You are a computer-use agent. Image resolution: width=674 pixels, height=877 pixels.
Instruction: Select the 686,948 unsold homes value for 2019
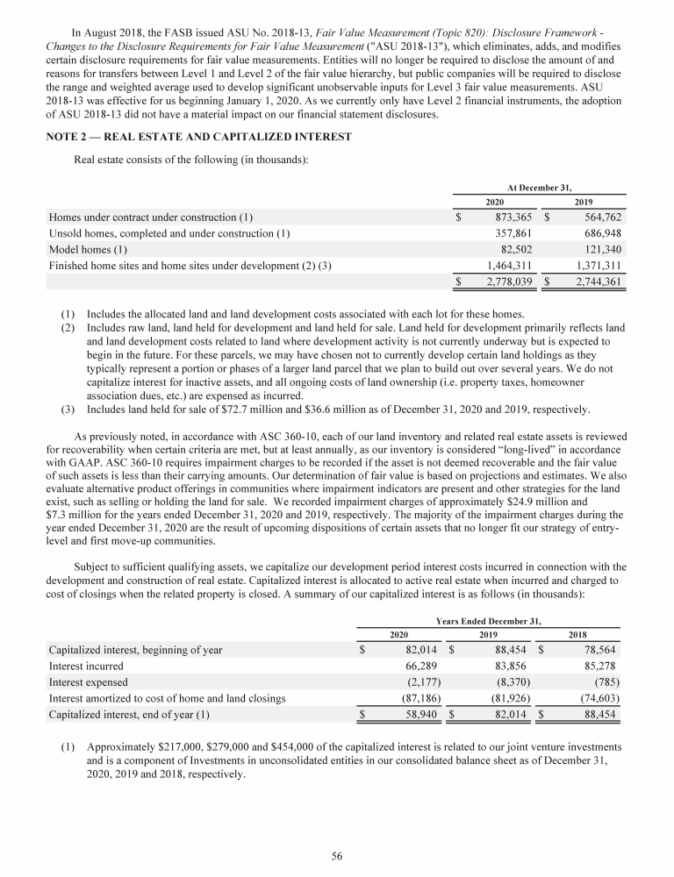pyautogui.click(x=598, y=232)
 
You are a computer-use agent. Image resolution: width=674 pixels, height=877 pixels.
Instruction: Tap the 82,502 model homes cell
pyautogui.click(x=513, y=249)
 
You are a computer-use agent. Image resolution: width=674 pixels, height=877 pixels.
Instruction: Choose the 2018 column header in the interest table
pyautogui.click(x=577, y=634)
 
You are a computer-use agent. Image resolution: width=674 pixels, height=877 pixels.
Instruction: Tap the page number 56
pyautogui.click(x=337, y=857)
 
